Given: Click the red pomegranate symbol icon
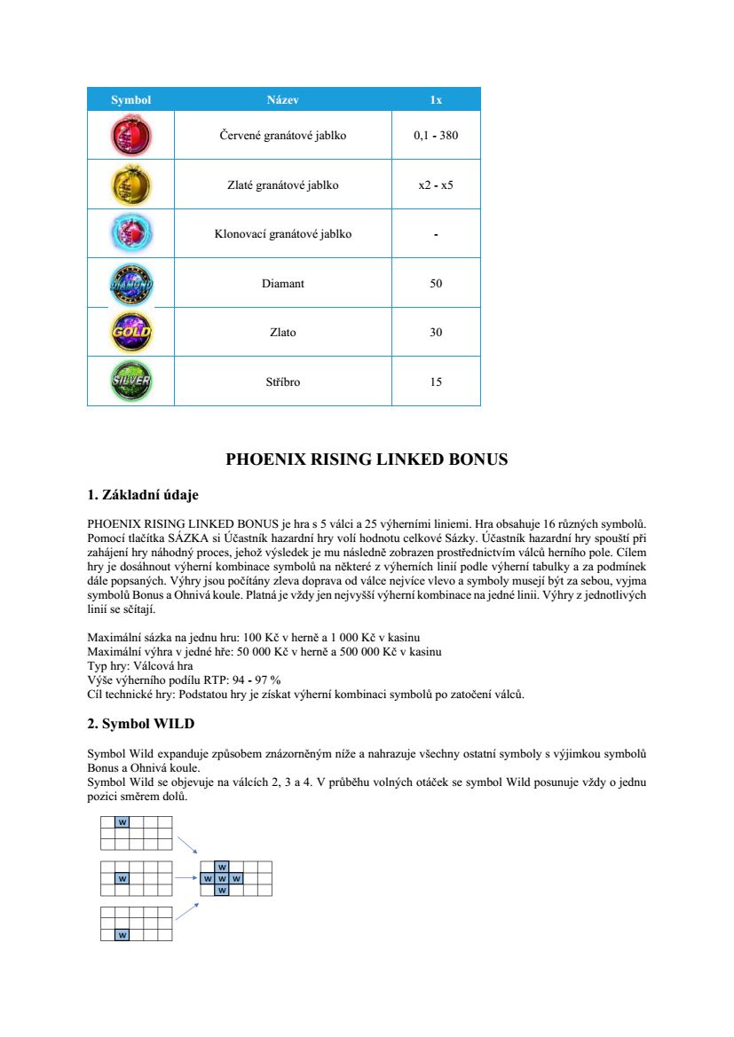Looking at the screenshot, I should (130, 136).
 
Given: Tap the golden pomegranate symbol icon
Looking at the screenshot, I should (130, 185).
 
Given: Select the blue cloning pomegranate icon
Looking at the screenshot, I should (130, 234).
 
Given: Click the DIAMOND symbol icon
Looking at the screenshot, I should (130, 284).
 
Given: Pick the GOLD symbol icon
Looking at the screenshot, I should (130, 333).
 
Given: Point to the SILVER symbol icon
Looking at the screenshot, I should (130, 381).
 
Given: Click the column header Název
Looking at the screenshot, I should (282, 99).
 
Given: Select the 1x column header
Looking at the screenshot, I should (436, 99).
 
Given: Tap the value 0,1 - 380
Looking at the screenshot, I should (436, 137).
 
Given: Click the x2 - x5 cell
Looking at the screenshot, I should (436, 185).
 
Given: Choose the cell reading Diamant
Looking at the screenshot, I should (282, 284).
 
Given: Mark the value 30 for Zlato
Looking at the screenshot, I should (436, 333).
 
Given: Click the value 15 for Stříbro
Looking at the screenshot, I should (436, 381).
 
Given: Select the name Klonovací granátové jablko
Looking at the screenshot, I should (282, 234).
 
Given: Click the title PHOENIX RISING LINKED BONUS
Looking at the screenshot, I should (367, 460).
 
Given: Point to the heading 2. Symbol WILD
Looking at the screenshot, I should (140, 724).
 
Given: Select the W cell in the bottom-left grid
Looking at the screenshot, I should (122, 935).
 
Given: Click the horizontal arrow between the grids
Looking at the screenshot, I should (185, 878).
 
